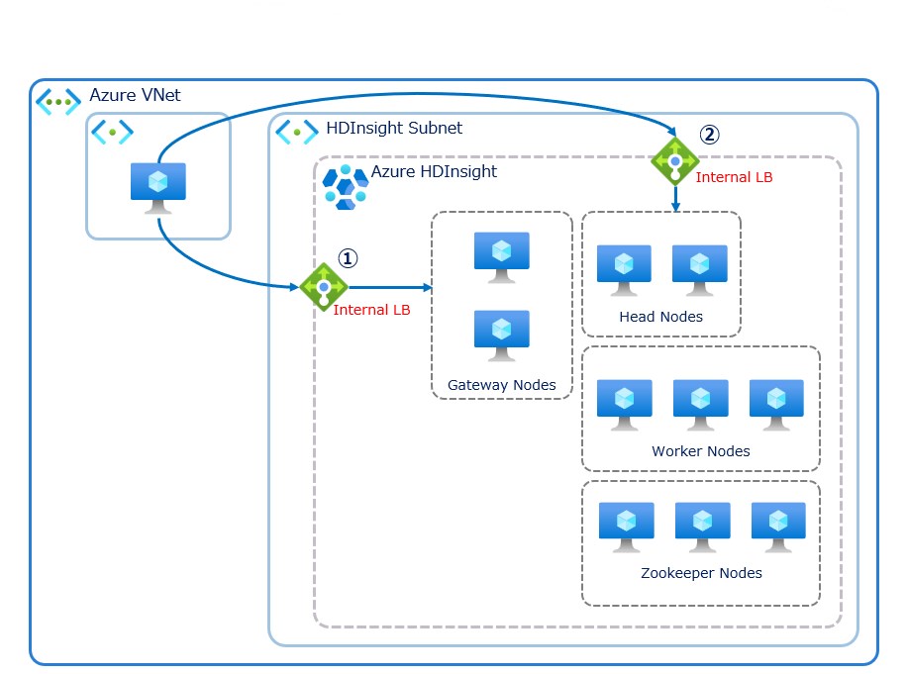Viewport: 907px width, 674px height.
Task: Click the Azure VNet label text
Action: (x=135, y=96)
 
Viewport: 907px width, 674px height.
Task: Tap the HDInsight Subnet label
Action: (x=394, y=129)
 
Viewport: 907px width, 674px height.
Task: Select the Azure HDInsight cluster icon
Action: (x=346, y=187)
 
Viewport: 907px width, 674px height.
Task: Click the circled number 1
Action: (x=348, y=257)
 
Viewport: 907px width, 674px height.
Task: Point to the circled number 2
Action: (x=709, y=134)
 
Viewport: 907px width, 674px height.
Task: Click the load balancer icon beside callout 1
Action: (x=324, y=287)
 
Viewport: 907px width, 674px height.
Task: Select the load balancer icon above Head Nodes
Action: (x=675, y=161)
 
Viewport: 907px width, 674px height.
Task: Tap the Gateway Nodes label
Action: (x=501, y=385)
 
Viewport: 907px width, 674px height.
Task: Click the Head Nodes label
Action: (x=660, y=317)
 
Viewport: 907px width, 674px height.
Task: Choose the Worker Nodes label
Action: (x=700, y=451)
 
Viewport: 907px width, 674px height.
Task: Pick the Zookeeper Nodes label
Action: (x=701, y=573)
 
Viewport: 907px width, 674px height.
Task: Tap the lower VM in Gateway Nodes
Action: (x=501, y=335)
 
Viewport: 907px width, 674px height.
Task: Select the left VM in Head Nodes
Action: (x=624, y=268)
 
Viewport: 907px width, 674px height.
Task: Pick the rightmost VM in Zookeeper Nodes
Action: (x=778, y=526)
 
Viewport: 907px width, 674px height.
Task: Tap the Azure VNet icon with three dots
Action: (x=58, y=101)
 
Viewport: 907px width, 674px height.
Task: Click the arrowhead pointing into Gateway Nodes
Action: (x=428, y=288)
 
